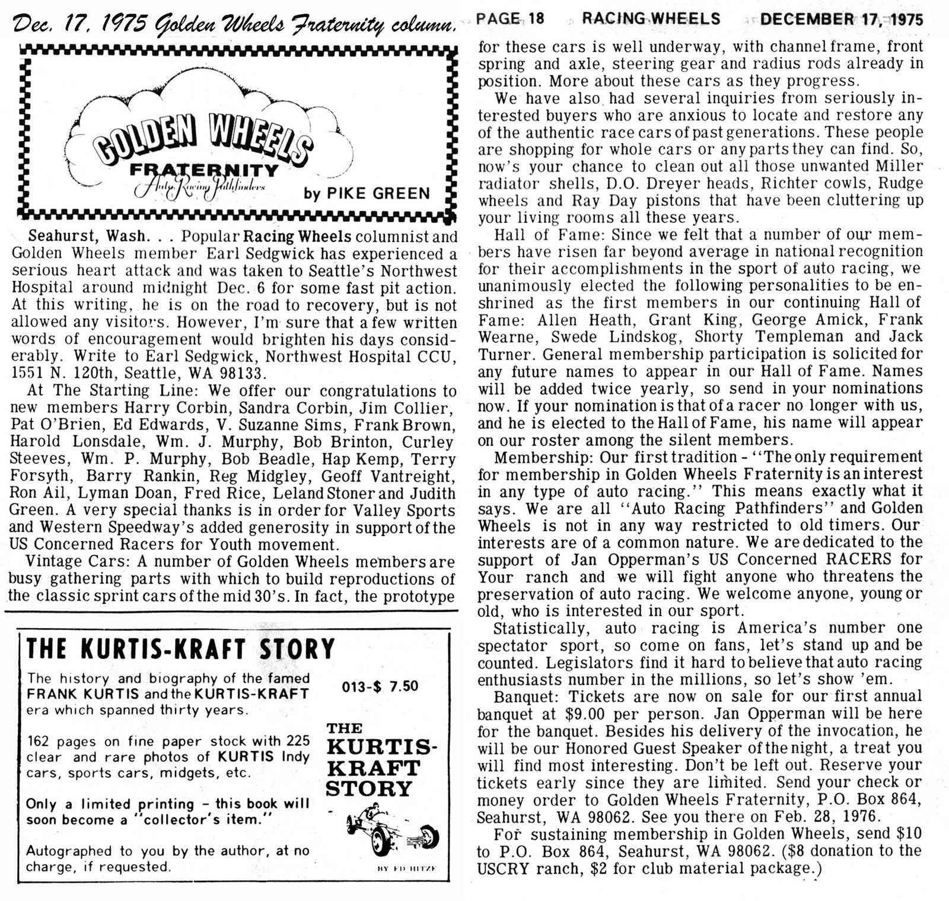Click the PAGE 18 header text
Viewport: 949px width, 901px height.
510,18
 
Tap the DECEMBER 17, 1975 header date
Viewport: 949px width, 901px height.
841,19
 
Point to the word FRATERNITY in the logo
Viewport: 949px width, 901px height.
205,171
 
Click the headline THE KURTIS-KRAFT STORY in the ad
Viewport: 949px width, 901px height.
180,649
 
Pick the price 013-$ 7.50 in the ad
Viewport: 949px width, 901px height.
380,686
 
